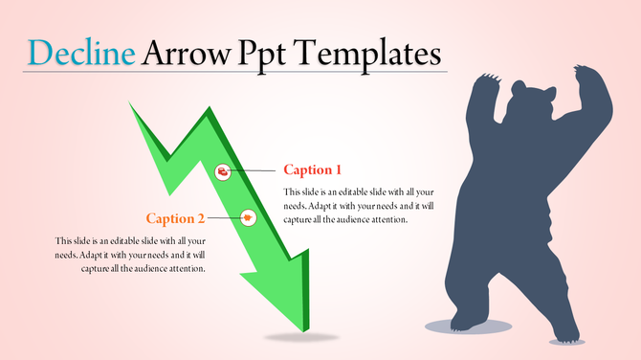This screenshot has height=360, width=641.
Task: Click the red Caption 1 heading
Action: pos(313,170)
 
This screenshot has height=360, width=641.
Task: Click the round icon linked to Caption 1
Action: pos(223,171)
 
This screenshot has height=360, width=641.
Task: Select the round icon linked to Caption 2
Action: pos(249,217)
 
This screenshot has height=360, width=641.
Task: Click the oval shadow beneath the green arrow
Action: pos(301,337)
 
